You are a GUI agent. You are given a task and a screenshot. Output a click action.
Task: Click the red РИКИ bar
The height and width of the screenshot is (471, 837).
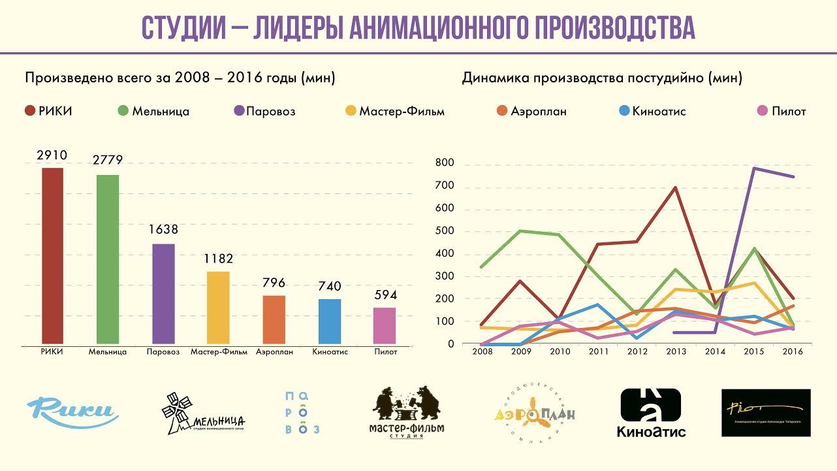[x=53, y=255]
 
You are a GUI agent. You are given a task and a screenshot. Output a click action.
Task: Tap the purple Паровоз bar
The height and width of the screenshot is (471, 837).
[x=163, y=294]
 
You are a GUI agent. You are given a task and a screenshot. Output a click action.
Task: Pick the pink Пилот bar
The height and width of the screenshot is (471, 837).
[x=385, y=325]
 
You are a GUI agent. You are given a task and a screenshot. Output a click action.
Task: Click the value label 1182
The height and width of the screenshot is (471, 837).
[x=217, y=259]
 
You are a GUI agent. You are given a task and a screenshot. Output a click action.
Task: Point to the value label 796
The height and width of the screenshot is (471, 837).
[x=274, y=283]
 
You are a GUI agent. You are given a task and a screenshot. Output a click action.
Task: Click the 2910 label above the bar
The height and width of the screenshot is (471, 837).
[x=53, y=155]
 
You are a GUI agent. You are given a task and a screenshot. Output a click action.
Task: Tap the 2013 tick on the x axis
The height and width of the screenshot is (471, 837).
[x=676, y=351]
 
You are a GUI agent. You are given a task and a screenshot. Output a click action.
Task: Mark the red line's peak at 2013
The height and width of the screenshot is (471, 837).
[x=676, y=187]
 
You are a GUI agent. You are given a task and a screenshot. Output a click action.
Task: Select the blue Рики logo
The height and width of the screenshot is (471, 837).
[x=72, y=411]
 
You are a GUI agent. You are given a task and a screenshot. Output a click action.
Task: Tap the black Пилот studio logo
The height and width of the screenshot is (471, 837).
[x=765, y=413]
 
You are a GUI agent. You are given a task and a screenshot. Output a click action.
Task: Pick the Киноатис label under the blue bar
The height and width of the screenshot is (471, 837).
[x=330, y=352]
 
